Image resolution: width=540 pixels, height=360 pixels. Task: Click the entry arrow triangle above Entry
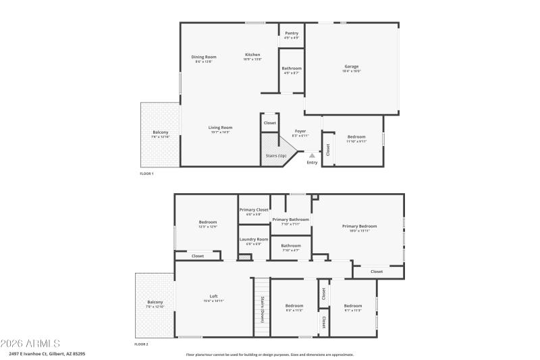(x=312, y=155)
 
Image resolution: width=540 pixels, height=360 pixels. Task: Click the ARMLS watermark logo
(x=30, y=343)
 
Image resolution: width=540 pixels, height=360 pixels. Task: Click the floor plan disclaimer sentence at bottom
(x=269, y=354)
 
